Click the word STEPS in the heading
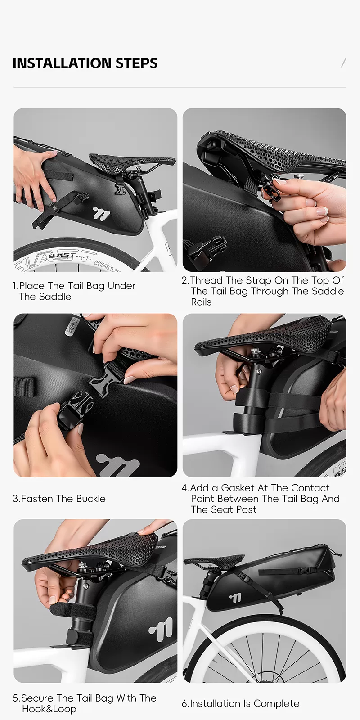click(137, 63)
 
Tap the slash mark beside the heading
click(344, 63)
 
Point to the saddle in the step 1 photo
click(132, 160)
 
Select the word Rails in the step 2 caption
click(201, 302)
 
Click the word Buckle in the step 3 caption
click(90, 499)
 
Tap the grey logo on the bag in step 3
click(118, 465)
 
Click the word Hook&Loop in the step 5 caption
click(49, 709)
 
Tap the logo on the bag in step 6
click(236, 598)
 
